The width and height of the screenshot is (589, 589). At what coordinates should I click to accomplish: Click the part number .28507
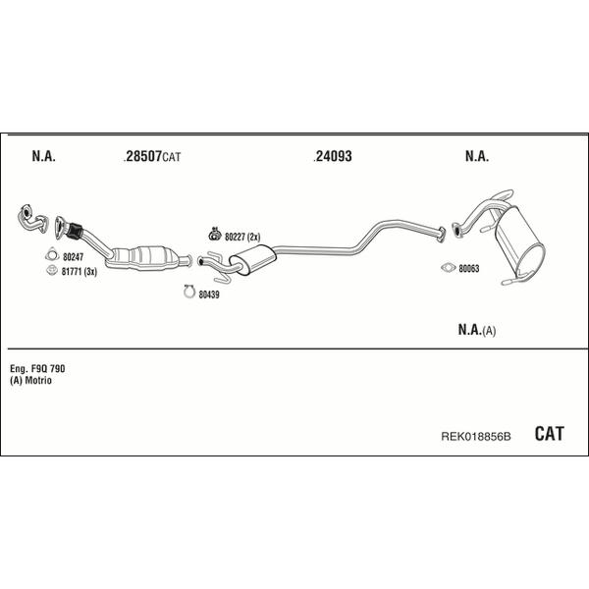pos(142,156)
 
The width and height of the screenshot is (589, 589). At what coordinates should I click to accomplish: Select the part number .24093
pos(333,156)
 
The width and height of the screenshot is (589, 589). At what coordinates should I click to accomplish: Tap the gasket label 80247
pos(74,257)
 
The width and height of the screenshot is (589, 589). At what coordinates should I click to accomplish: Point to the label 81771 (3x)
pos(80,272)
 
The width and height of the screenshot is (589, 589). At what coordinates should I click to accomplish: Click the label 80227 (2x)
pos(242,237)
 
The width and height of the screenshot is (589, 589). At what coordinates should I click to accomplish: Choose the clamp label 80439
pos(209,294)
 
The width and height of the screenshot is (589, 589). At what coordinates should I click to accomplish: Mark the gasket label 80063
pos(469,269)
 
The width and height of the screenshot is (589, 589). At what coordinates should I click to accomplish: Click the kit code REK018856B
pos(476,437)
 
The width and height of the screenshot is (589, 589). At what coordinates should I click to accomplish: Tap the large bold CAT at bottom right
pos(549,434)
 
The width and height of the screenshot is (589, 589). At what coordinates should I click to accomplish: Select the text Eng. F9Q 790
pos(37,369)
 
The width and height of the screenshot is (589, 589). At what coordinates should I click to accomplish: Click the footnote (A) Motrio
pos(30,381)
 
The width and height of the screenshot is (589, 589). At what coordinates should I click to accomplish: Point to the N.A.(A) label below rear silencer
pos(477,330)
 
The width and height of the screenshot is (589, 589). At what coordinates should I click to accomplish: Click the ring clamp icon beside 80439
pos(189,292)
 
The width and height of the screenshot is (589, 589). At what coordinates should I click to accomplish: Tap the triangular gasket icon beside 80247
pos(52,254)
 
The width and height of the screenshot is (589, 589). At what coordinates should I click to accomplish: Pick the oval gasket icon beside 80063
pos(449,267)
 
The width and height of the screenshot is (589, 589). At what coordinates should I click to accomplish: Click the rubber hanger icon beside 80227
pos(214,235)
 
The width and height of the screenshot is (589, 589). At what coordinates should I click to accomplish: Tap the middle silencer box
pos(252,259)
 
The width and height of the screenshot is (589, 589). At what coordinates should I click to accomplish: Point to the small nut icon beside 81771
pos(51,270)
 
